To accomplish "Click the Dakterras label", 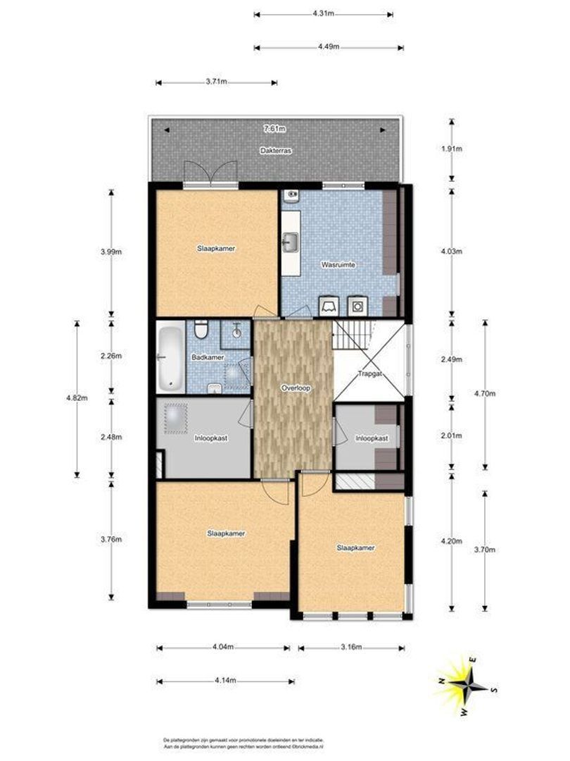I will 275,151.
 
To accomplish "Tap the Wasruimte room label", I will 338,264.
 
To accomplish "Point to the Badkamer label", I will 208,357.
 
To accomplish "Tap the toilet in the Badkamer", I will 201,330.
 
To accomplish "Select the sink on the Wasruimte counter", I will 290,244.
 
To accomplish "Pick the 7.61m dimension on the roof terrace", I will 274,129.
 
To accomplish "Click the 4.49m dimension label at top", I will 329,47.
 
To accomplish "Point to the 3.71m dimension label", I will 216,82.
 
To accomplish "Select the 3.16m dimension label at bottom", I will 350,647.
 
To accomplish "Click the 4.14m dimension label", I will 225,681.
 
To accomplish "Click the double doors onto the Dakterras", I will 210,173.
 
